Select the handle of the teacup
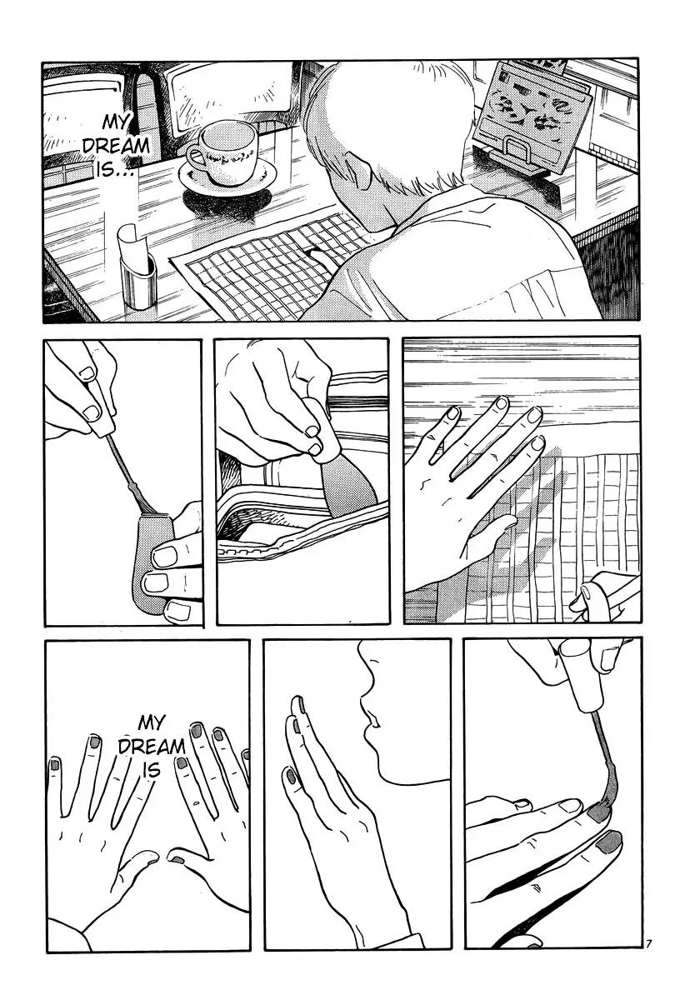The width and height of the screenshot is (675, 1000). click(x=196, y=158)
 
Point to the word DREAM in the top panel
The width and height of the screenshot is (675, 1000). click(x=116, y=147)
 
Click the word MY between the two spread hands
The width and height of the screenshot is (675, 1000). click(x=152, y=722)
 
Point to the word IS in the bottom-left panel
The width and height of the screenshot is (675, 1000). click(x=152, y=770)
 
